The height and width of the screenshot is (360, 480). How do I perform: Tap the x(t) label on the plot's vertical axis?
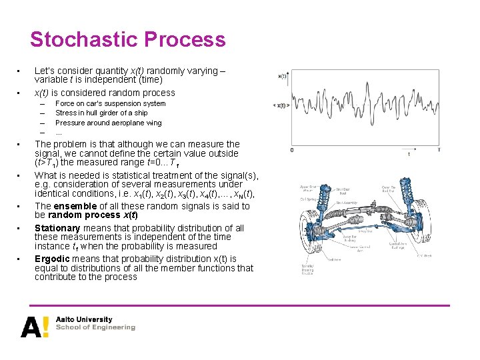click(282, 76)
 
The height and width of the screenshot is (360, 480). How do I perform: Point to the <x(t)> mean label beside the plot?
click(280, 105)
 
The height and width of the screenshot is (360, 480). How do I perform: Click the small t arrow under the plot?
click(408, 154)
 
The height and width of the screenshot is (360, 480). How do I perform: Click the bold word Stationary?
click(57, 228)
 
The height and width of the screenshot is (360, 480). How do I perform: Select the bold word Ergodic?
click(53, 259)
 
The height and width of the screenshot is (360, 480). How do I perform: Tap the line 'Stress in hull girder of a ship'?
click(101, 113)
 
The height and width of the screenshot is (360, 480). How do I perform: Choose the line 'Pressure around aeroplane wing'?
click(108, 123)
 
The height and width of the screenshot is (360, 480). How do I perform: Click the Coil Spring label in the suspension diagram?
click(289, 198)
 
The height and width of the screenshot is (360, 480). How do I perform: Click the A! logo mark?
click(34, 327)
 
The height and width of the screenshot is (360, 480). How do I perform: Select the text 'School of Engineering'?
click(95, 328)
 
